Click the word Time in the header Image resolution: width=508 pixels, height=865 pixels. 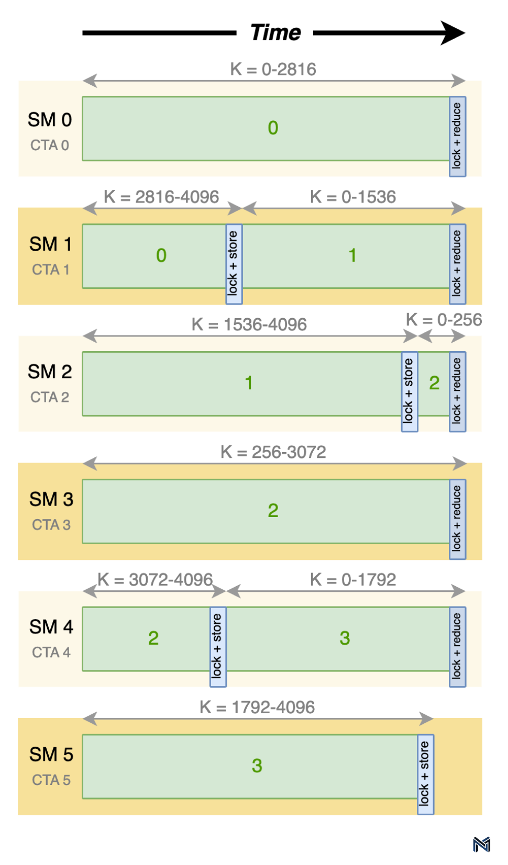[275, 32]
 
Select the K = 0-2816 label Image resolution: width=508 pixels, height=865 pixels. [273, 69]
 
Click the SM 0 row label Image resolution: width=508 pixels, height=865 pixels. [50, 120]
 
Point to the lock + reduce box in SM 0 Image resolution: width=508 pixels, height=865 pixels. [457, 136]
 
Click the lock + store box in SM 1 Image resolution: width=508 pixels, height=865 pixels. [234, 264]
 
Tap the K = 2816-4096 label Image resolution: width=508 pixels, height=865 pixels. [161, 197]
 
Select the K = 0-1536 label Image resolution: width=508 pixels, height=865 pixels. [353, 197]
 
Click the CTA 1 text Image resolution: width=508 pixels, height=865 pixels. [51, 269]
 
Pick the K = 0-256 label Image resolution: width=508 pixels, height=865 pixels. [444, 320]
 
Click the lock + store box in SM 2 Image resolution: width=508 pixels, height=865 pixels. [410, 391]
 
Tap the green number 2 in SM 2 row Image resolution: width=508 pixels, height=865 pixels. [434, 383]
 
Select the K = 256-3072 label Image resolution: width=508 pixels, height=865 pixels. [273, 452]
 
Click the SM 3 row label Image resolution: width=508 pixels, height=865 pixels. [51, 499]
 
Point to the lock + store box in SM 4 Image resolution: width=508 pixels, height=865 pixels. [218, 647]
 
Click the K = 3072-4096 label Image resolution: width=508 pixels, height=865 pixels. [155, 579]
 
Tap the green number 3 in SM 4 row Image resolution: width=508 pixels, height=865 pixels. [345, 638]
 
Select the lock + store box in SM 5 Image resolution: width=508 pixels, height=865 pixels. [425, 774]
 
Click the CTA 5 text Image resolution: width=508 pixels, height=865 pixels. [51, 780]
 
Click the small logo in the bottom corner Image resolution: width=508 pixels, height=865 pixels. [481, 844]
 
